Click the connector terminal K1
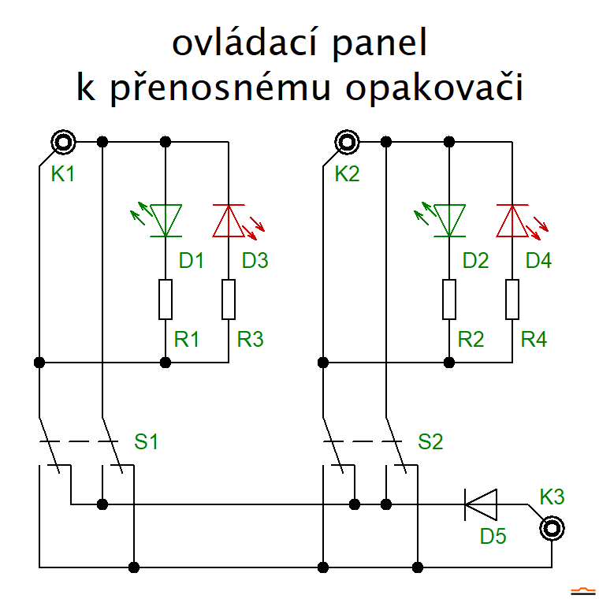pyautogui.click(x=63, y=143)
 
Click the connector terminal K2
pyautogui.click(x=347, y=143)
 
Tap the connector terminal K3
pyautogui.click(x=551, y=528)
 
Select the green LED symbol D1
pyautogui.click(x=166, y=221)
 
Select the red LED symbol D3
pyautogui.click(x=229, y=221)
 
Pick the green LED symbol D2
pyautogui.click(x=449, y=221)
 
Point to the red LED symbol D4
pyautogui.click(x=512, y=221)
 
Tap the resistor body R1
pyautogui.click(x=166, y=299)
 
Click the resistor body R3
pyautogui.click(x=229, y=299)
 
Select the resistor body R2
pyautogui.click(x=449, y=299)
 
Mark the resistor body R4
pyautogui.click(x=512, y=299)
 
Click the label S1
pyautogui.click(x=146, y=442)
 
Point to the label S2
pyautogui.click(x=430, y=442)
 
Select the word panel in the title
pyautogui.click(x=380, y=46)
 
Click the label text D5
pyautogui.click(x=493, y=537)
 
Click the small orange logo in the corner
pyautogui.click(x=582, y=590)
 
